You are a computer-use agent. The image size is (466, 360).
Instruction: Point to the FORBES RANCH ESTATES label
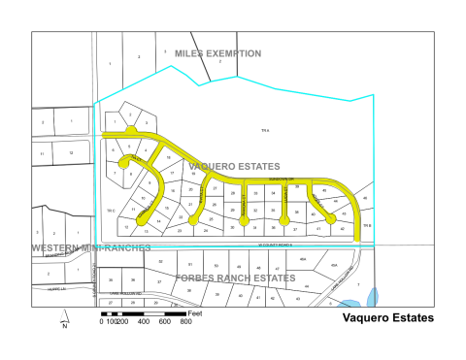pos(235,278)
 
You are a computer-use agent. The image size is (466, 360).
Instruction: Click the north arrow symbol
pos(62,316)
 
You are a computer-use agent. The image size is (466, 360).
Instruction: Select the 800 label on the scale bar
pos(185,321)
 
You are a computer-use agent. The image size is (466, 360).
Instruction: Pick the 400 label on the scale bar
pos(144,321)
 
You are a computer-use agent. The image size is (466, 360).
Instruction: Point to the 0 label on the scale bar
pos(101,321)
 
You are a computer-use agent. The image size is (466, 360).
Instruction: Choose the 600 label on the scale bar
pos(165,321)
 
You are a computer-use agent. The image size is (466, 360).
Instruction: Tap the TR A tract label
pos(263,130)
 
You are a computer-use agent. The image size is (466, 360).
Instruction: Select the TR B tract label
pos(367,226)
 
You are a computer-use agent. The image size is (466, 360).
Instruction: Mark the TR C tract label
pos(110,211)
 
